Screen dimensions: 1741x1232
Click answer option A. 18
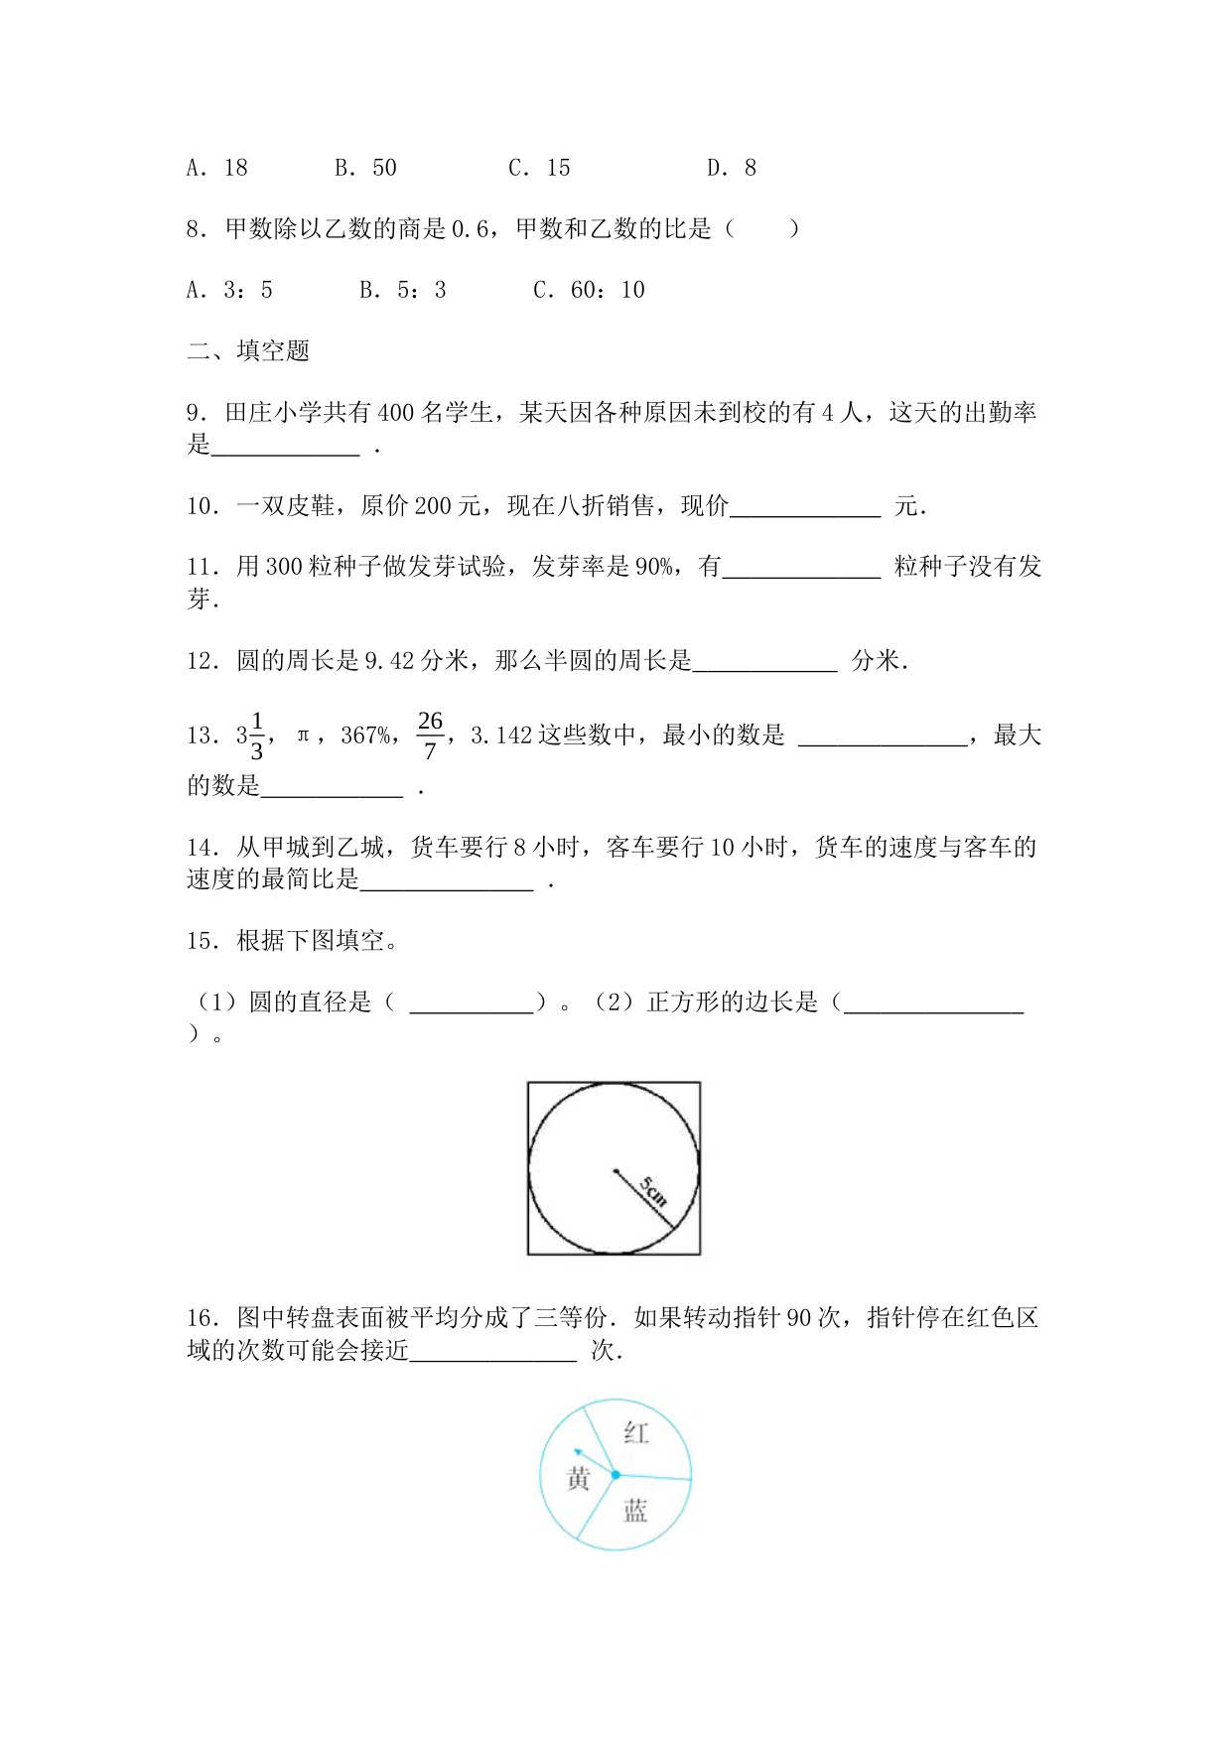[x=216, y=168]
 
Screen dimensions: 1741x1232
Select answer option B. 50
[x=365, y=168]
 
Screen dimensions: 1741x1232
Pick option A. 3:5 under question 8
[x=229, y=290]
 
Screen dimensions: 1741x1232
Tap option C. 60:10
[x=589, y=290]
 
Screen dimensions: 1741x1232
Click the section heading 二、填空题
[x=248, y=350]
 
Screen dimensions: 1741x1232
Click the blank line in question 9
[x=286, y=449]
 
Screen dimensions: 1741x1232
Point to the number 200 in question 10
[x=433, y=506]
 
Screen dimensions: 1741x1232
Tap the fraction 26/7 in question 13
[x=430, y=736]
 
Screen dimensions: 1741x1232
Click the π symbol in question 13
[x=304, y=736]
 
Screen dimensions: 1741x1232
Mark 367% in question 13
[x=365, y=736]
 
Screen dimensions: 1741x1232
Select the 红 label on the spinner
[x=636, y=1433]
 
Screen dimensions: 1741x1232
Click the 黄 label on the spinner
[x=578, y=1479]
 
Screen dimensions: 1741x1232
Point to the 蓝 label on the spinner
[x=635, y=1512]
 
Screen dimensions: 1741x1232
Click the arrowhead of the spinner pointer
[x=579, y=1451]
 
